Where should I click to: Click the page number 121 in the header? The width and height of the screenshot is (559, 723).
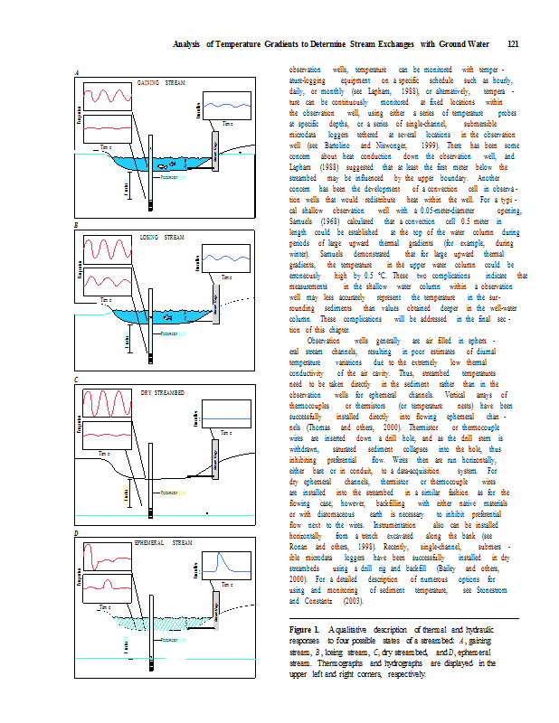coord(513,43)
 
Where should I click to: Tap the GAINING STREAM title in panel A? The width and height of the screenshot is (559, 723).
coord(161,83)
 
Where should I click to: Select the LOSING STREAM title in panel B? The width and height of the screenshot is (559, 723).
coord(161,238)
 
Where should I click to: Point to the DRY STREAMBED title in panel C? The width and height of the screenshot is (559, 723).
coord(163,393)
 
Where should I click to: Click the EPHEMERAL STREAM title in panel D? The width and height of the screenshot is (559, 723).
coord(164,542)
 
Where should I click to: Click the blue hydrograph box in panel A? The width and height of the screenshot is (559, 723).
coord(225,105)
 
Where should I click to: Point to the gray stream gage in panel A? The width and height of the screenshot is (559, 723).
coord(214,145)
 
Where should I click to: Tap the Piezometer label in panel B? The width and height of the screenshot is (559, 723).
coord(171,333)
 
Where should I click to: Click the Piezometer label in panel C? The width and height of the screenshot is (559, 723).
coord(171,493)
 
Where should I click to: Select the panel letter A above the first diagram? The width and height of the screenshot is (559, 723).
coord(77,73)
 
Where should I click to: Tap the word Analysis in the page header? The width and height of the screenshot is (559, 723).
coord(188,43)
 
